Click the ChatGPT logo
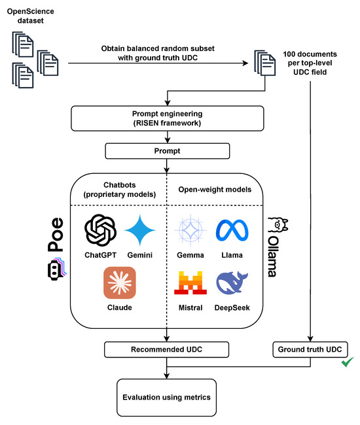coord(100,230)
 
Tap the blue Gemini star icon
coord(140,230)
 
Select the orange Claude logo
coord(120,282)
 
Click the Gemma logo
coord(190,230)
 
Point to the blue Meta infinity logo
coord(232,230)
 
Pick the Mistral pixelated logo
coord(190,282)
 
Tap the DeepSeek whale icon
coord(232,282)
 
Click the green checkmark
coord(348,362)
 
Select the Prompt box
coord(168,151)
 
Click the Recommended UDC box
coord(166,349)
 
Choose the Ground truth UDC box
coord(310,349)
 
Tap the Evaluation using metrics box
coord(166,398)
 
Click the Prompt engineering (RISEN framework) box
coord(168,118)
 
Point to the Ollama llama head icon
coord(278,225)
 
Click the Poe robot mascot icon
coord(57,269)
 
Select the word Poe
coord(56,235)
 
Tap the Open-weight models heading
coord(215,190)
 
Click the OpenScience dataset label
coord(30,16)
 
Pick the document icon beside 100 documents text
coord(265,63)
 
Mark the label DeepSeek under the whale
coord(232,308)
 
